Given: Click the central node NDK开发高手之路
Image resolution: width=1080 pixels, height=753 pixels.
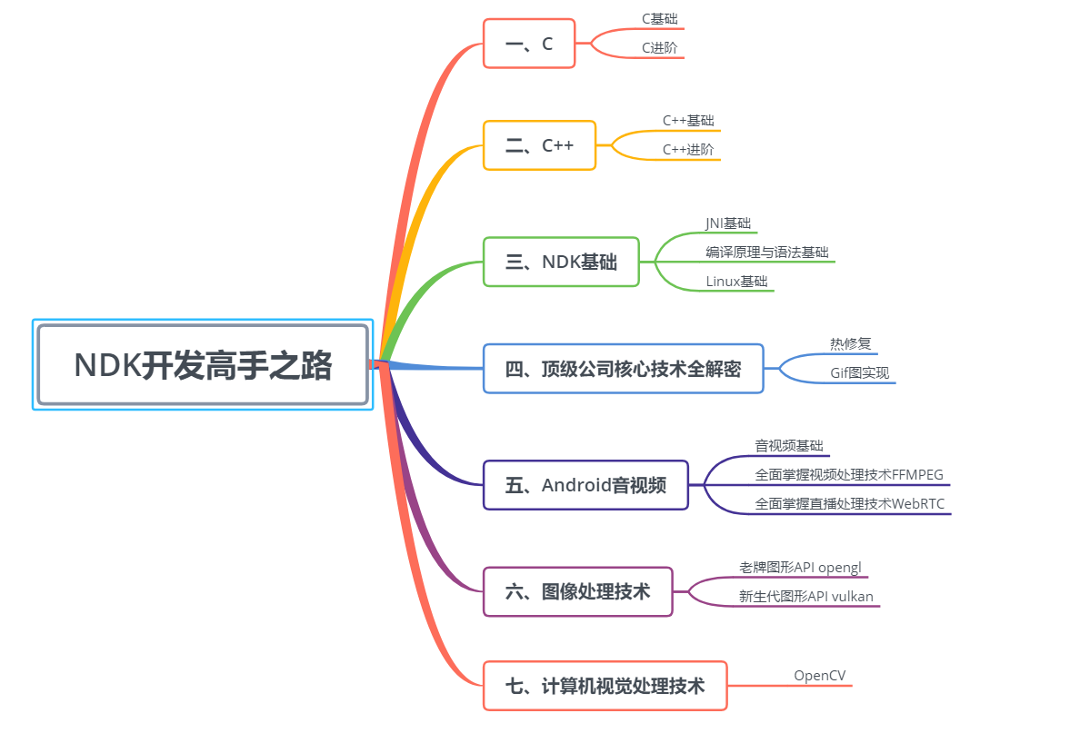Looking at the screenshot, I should click(203, 364).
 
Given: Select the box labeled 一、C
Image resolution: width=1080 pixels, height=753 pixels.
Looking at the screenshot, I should click(528, 44).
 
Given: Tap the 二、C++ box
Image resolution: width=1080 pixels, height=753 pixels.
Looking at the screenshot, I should click(539, 145).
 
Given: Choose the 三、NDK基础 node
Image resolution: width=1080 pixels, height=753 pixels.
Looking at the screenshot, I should click(561, 262).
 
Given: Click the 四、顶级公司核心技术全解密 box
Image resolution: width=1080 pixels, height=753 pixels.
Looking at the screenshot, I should click(623, 369).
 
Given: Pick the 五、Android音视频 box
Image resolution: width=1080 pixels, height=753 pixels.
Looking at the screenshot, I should click(585, 485).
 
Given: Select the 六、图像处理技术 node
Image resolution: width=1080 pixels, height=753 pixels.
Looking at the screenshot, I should click(577, 591).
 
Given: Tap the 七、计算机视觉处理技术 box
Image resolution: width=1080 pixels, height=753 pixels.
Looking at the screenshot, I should click(605, 686).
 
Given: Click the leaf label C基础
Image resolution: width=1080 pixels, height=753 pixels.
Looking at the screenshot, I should click(659, 18).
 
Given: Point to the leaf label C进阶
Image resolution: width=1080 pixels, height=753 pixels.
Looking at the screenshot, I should click(659, 48).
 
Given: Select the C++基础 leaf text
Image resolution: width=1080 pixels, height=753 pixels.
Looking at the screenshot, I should click(688, 120).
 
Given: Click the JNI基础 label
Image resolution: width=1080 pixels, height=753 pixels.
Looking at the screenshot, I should click(728, 223).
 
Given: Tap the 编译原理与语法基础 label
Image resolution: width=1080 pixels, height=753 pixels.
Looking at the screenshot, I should click(766, 252).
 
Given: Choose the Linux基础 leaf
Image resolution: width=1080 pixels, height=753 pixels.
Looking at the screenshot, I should click(736, 282).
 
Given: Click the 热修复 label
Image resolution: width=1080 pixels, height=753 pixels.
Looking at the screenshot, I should click(850, 343).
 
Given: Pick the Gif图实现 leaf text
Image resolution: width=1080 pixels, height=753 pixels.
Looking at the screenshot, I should click(859, 372).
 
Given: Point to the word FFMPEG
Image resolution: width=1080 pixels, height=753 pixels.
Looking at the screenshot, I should click(917, 474).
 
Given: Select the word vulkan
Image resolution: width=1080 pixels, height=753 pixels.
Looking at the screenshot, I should click(852, 596).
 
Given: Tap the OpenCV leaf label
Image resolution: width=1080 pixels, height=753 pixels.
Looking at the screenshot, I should click(819, 675).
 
